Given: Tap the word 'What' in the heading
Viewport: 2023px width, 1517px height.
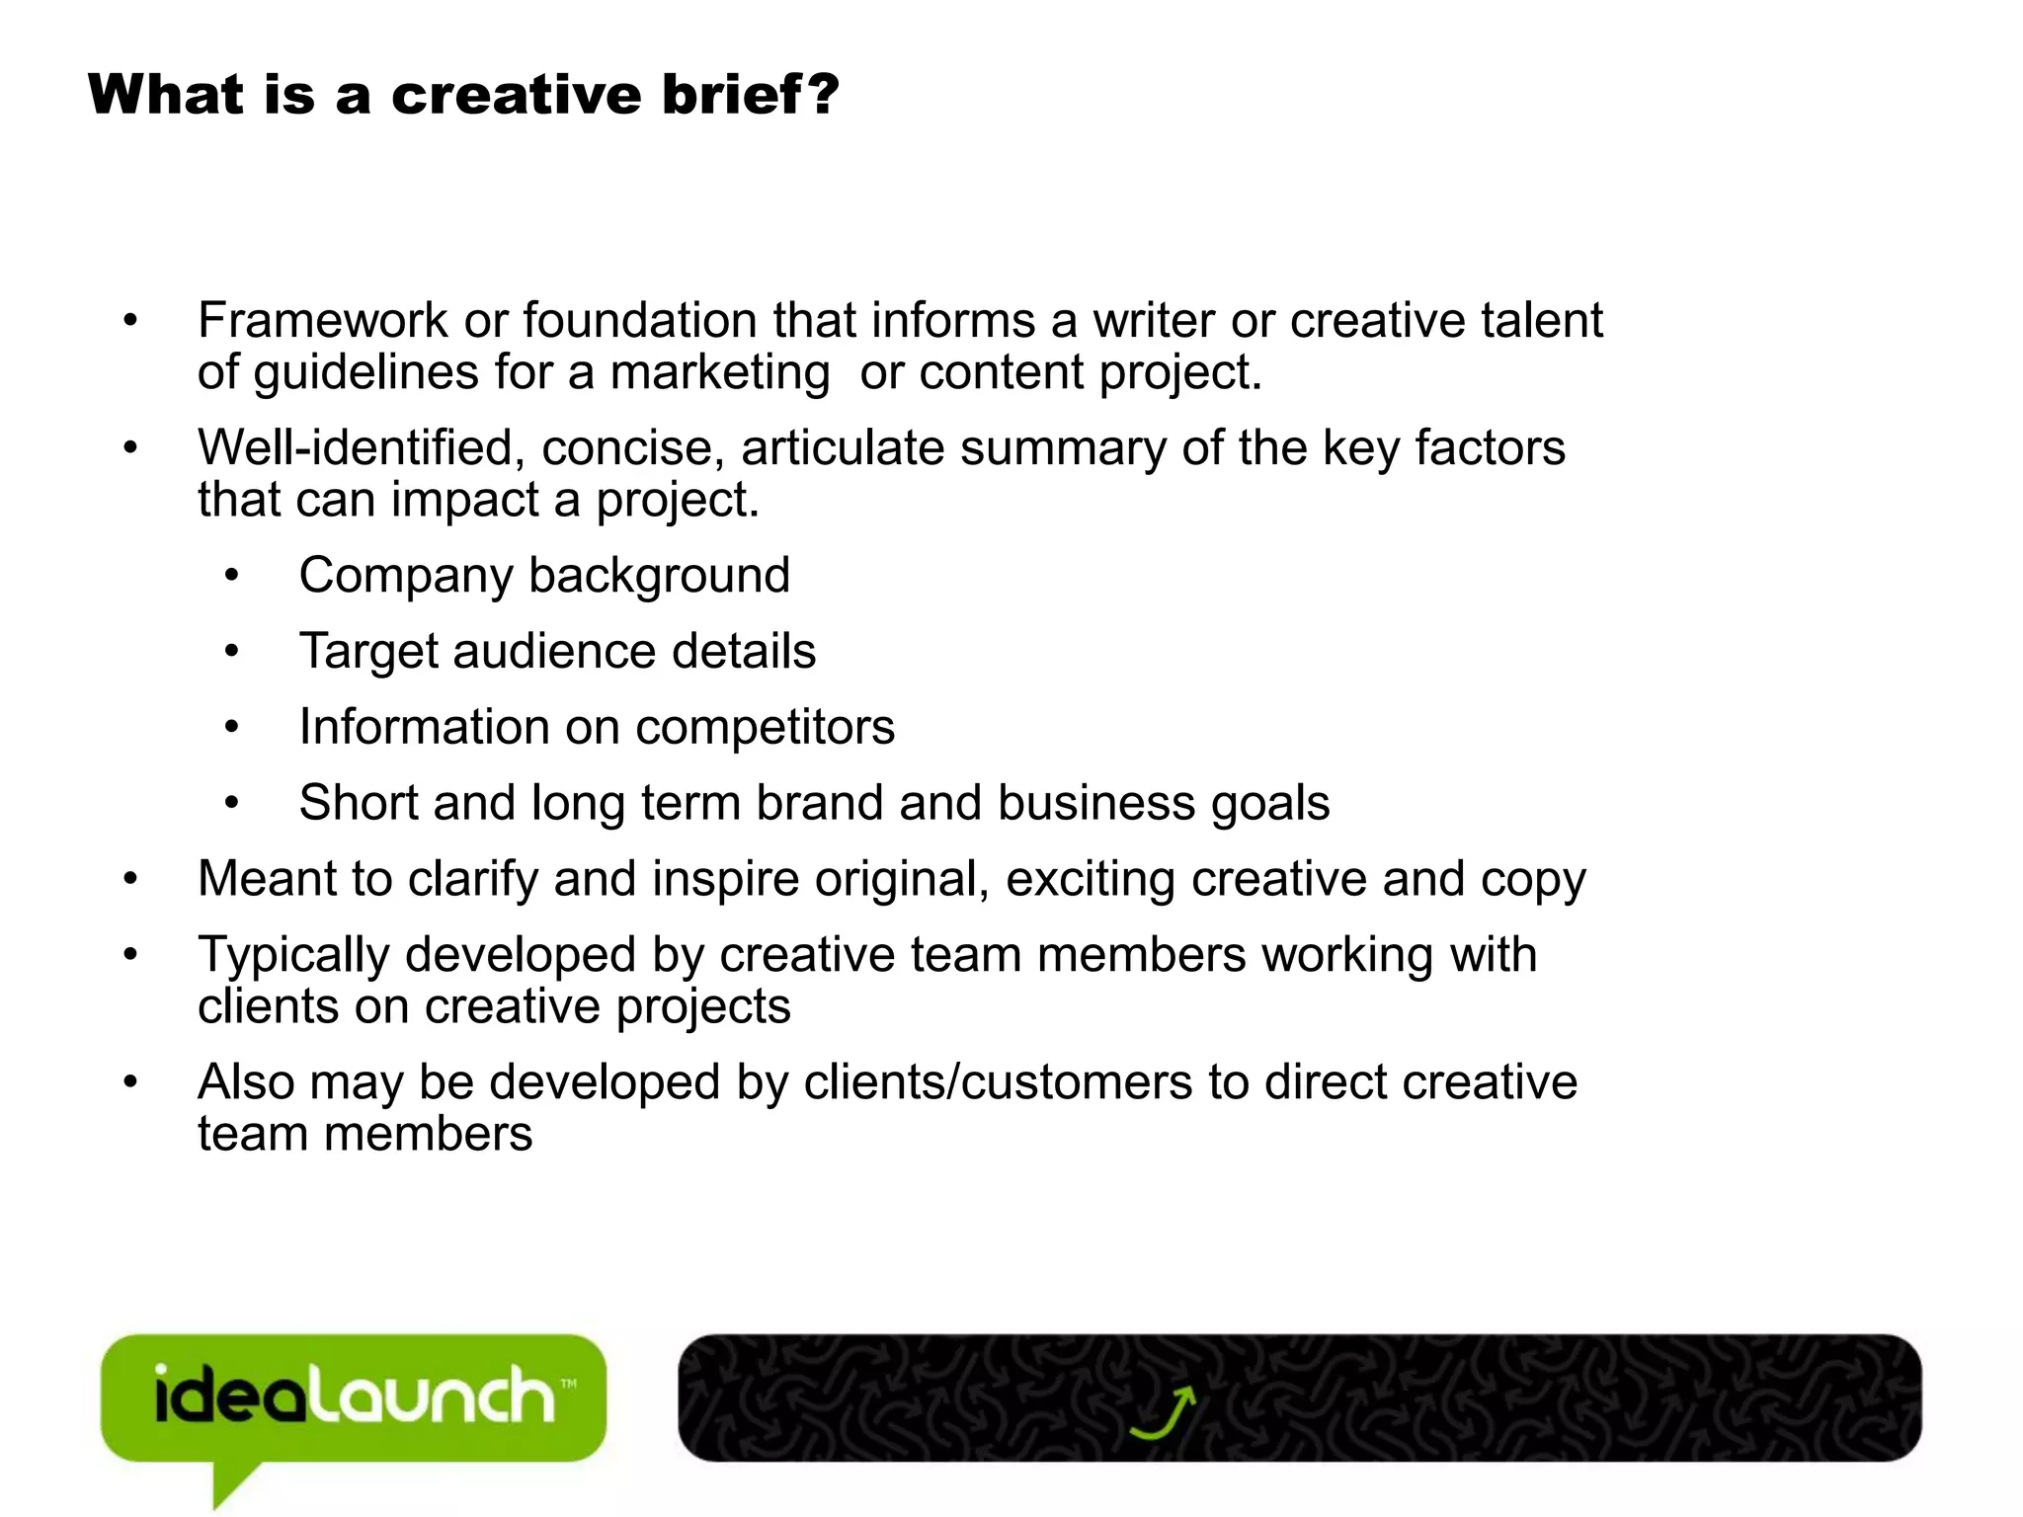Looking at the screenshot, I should pos(165,95).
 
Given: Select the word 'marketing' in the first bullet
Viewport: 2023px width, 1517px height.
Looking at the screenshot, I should pos(719,373).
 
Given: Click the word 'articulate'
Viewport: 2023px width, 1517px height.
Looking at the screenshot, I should pos(843,448).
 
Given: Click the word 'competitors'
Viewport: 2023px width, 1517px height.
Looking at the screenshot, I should pos(765,728).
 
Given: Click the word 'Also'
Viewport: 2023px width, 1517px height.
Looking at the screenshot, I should pos(246,1082).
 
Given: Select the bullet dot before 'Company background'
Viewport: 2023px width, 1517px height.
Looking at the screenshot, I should pos(231,576).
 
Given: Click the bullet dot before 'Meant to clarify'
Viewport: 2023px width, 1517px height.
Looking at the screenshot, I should pos(130,879).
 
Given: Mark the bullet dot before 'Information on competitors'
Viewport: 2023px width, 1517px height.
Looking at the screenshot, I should pos(231,728).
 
